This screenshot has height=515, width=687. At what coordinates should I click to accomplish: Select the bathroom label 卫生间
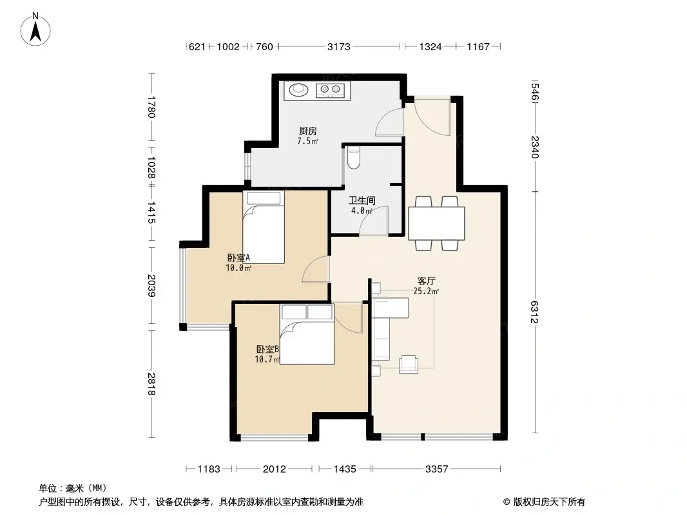point(362,200)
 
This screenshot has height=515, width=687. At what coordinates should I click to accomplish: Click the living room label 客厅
point(426,281)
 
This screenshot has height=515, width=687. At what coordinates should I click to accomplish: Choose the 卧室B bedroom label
point(267,350)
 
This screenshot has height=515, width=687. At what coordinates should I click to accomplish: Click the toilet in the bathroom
point(353,158)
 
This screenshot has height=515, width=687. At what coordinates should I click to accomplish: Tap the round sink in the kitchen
point(298,90)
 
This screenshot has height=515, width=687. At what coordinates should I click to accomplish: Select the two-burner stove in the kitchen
point(331,90)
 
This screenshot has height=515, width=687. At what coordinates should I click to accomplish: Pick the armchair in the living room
point(408,364)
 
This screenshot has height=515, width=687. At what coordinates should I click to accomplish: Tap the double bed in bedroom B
point(307,334)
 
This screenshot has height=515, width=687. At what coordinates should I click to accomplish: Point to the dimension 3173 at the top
point(339,46)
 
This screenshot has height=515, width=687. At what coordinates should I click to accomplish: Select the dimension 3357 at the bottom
point(436,469)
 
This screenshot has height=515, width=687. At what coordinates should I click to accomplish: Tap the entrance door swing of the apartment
point(431,117)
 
